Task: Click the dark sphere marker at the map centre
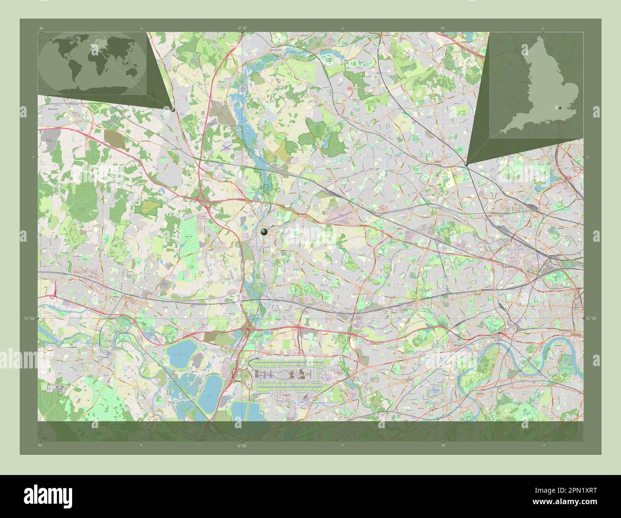click(265, 232)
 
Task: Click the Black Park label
click(188, 236)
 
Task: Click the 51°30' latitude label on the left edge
click(30, 318)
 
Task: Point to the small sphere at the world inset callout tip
click(173, 109)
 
